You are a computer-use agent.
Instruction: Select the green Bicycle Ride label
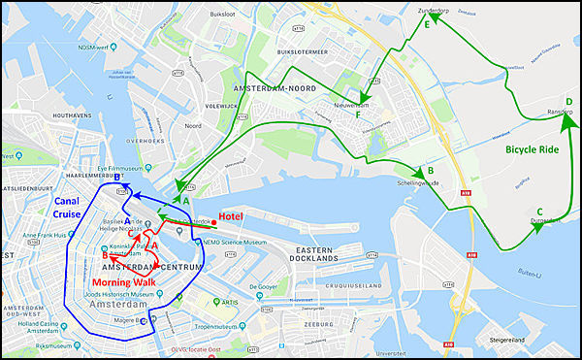point(533,151)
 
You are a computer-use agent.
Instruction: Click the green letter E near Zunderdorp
point(429,25)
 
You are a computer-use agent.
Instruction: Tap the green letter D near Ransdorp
point(569,102)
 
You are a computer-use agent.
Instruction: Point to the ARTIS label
point(230,303)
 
